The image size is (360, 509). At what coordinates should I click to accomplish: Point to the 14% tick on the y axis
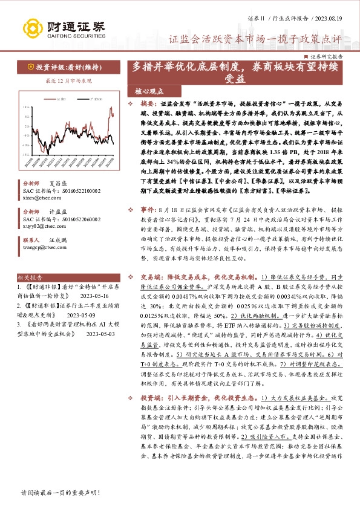click(x=27, y=107)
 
